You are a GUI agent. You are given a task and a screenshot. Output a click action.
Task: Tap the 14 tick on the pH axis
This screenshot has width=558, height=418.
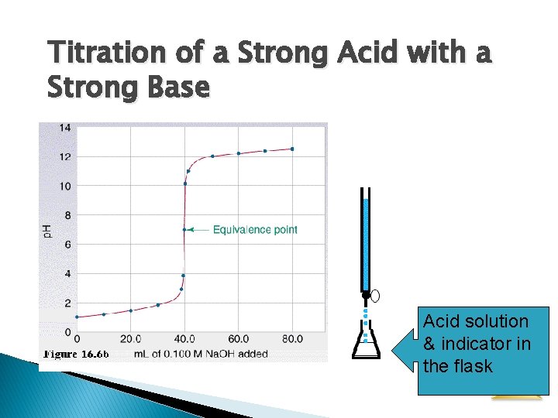(x=66, y=127)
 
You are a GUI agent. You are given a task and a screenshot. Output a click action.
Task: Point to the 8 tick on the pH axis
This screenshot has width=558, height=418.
(x=68, y=215)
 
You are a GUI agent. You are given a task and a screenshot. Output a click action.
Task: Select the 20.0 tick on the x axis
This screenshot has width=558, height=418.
(x=130, y=339)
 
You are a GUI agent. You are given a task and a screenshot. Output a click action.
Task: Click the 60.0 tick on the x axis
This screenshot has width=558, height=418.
(x=239, y=339)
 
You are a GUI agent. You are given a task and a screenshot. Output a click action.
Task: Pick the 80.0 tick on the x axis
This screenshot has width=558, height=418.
(x=292, y=339)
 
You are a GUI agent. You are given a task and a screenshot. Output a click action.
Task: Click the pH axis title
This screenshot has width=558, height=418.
(x=46, y=229)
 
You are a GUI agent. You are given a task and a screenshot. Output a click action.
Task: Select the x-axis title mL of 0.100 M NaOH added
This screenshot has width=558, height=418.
(x=200, y=354)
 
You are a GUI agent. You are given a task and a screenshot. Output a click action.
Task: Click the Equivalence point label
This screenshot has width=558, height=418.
(x=255, y=230)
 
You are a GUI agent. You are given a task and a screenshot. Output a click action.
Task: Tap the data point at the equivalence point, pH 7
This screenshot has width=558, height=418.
(x=184, y=229)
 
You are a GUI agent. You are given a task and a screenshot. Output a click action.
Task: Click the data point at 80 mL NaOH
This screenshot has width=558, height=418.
(x=292, y=149)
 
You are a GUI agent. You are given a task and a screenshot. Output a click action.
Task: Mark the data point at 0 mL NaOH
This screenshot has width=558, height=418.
(x=77, y=317)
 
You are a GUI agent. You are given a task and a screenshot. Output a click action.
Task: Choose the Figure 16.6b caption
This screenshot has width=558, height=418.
(x=76, y=354)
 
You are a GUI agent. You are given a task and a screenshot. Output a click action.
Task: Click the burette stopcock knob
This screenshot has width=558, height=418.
(x=376, y=295)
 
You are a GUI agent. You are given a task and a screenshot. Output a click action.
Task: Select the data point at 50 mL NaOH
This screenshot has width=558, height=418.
(x=212, y=156)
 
